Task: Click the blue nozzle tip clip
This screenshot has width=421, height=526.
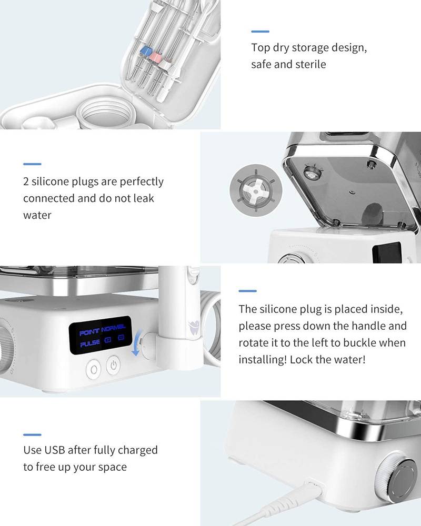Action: (146, 52)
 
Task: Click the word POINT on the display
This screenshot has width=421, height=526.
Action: (89, 332)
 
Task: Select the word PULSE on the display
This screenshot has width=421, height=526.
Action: (89, 343)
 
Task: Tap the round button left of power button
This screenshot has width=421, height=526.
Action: (93, 370)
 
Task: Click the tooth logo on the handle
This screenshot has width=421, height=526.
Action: (194, 326)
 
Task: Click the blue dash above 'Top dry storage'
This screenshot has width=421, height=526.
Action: (260, 32)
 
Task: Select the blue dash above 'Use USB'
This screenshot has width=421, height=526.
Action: (32, 435)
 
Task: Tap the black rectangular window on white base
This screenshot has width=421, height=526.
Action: (387, 252)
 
